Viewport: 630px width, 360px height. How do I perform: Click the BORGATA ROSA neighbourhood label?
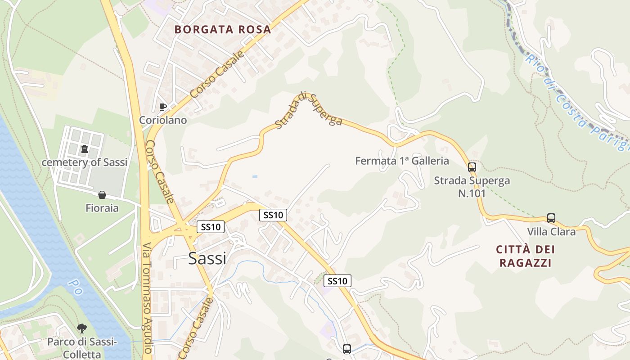pos(222,30)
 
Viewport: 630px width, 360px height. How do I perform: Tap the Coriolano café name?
pos(163,120)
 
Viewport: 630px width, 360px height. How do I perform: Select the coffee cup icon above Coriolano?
pos(163,107)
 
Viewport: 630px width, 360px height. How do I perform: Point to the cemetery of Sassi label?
pos(85,162)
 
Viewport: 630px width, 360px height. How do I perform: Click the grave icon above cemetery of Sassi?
pos(84,149)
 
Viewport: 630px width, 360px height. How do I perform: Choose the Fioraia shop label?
pos(102,208)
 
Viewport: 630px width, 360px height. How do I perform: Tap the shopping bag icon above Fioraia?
pos(102,195)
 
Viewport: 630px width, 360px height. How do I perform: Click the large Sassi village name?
pos(207,258)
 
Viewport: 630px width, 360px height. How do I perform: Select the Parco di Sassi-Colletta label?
pos(82,348)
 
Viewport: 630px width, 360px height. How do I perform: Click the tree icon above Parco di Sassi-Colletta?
pos(81,328)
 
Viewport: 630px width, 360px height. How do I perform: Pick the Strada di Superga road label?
pos(309,110)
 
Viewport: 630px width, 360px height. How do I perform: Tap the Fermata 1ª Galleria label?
pos(402,161)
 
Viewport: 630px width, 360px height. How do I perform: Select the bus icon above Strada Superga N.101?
pos(472,167)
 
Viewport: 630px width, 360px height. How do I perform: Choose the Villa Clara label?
pos(551,232)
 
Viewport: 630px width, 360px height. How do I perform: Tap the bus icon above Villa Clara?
pos(551,218)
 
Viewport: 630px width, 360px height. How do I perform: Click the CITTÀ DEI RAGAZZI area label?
pos(525,256)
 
